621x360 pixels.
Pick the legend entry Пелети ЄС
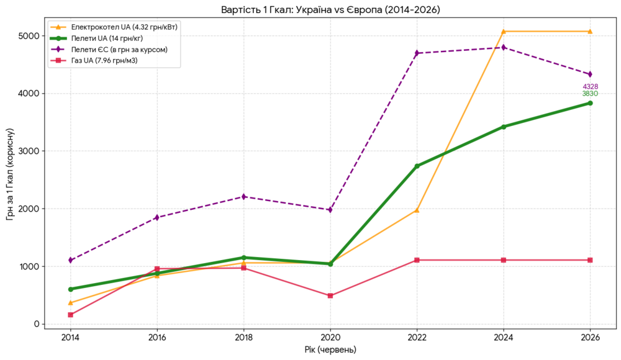pos(119,49)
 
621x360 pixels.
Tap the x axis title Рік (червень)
pos(331,351)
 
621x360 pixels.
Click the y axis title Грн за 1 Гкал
pos(11,174)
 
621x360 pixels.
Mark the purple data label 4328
pos(590,86)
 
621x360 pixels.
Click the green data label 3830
pos(590,94)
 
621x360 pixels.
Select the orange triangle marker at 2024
pos(504,31)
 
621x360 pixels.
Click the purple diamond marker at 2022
pos(417,53)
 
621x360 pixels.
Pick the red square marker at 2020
pos(330,295)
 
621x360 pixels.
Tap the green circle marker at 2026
pos(590,103)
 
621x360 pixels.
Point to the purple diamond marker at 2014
pos(71,260)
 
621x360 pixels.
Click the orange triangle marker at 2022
pos(417,210)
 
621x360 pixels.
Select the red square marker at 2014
pos(71,315)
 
